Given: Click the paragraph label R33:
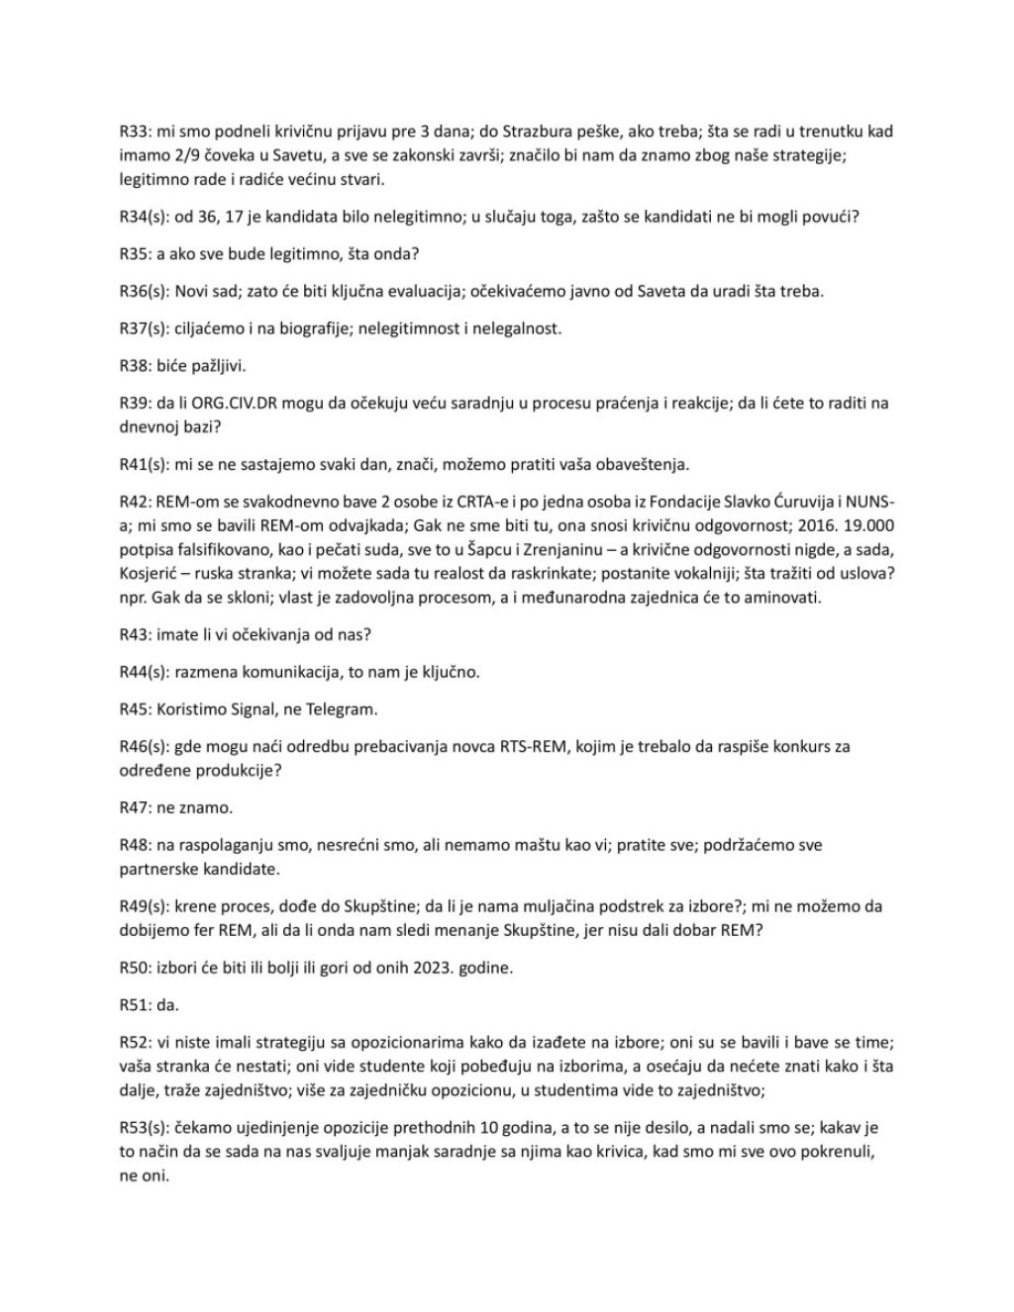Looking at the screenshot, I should [x=135, y=131].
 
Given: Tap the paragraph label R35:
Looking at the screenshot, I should [x=135, y=254].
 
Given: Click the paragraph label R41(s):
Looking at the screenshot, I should [x=143, y=464].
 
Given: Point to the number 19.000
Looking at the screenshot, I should [x=872, y=525].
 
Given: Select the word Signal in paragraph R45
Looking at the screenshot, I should [x=244, y=708].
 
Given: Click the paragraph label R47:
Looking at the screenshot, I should [x=135, y=807].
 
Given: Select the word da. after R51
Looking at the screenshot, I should [x=167, y=1005].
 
